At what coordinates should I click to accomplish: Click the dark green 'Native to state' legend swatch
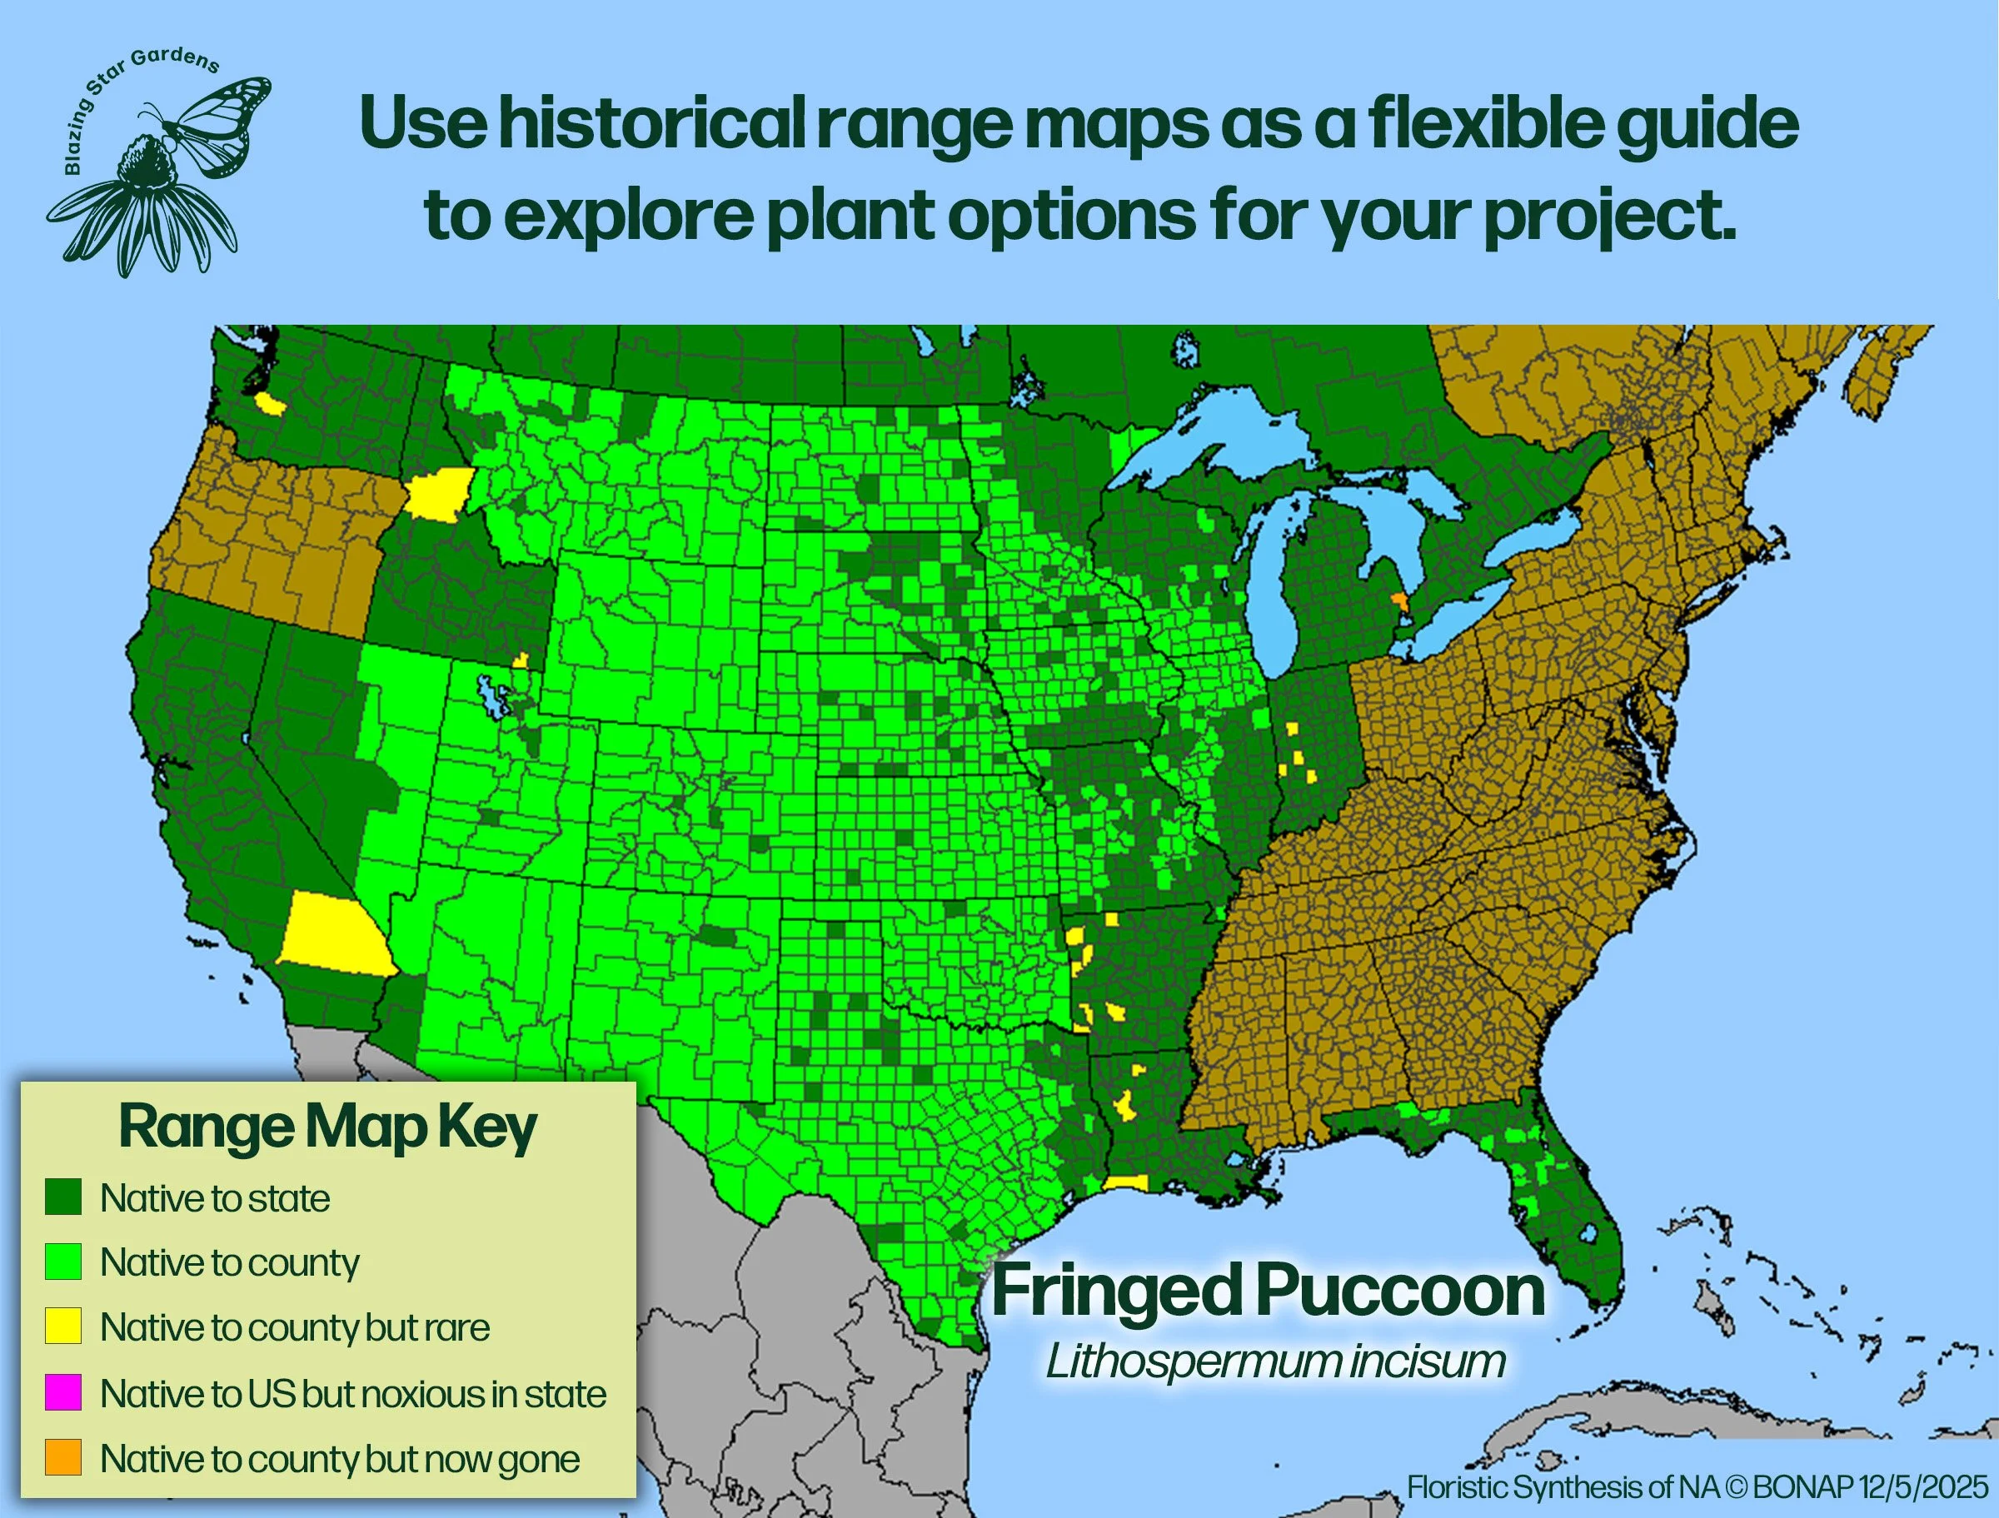click(x=63, y=1197)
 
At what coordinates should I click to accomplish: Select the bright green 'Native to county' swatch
click(x=63, y=1262)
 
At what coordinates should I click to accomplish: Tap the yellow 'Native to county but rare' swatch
click(x=63, y=1326)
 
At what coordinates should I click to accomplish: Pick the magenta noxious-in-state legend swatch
click(x=63, y=1392)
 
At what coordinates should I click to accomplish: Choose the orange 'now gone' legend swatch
click(x=63, y=1457)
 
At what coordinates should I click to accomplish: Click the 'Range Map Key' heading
click(x=328, y=1127)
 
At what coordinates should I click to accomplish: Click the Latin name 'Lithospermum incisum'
click(x=1275, y=1361)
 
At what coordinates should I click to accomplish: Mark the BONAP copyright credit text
click(x=1697, y=1487)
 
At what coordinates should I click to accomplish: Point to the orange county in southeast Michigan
click(x=1400, y=602)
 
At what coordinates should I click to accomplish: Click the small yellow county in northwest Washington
click(x=268, y=403)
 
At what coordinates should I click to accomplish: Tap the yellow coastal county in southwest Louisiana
click(x=1126, y=1182)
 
